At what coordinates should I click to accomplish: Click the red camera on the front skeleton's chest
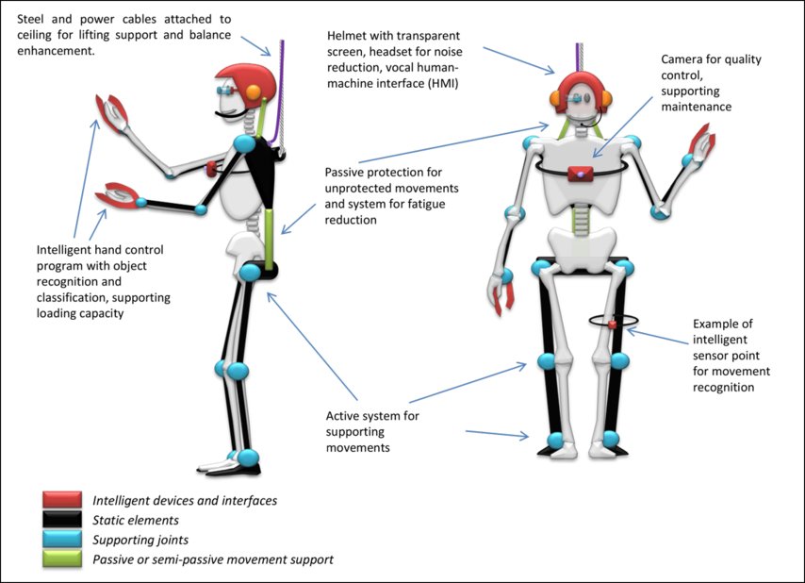[x=579, y=173]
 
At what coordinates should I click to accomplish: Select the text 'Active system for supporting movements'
[x=372, y=431]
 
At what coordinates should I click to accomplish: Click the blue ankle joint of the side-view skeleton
[x=248, y=458]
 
